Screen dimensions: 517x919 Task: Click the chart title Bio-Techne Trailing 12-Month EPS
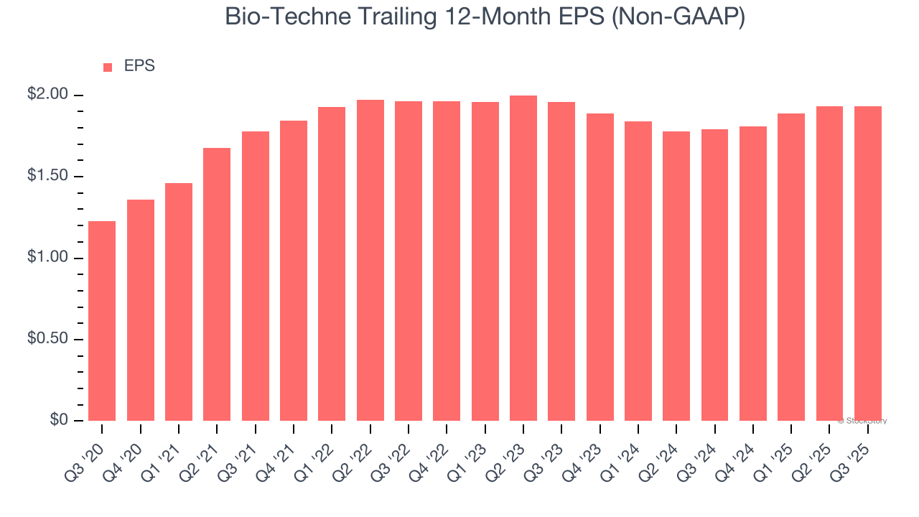click(485, 17)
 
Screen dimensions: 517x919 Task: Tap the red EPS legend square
click(108, 67)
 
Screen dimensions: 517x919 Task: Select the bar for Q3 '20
click(102, 321)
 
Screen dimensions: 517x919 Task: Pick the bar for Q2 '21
click(217, 284)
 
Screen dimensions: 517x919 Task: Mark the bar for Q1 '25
click(791, 267)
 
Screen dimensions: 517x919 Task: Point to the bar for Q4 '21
click(294, 271)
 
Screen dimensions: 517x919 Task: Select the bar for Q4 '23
click(600, 267)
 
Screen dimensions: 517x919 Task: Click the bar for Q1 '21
click(179, 302)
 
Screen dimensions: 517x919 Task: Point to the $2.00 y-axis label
click(49, 95)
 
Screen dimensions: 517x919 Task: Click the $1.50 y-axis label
click(49, 177)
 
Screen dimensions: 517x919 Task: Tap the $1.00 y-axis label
click(49, 258)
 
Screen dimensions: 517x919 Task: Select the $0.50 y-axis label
click(49, 339)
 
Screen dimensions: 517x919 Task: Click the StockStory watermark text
click(862, 421)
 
